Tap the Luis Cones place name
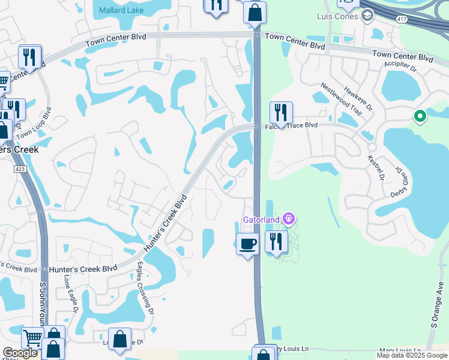(x=337, y=16)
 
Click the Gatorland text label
(x=262, y=220)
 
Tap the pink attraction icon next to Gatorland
(x=289, y=218)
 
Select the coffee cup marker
(x=247, y=244)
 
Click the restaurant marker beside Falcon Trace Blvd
(x=280, y=112)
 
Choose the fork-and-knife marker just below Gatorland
(x=276, y=241)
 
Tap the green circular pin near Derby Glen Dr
(x=420, y=116)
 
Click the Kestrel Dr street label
(x=377, y=166)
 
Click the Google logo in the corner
(x=20, y=353)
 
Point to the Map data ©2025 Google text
(x=411, y=355)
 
